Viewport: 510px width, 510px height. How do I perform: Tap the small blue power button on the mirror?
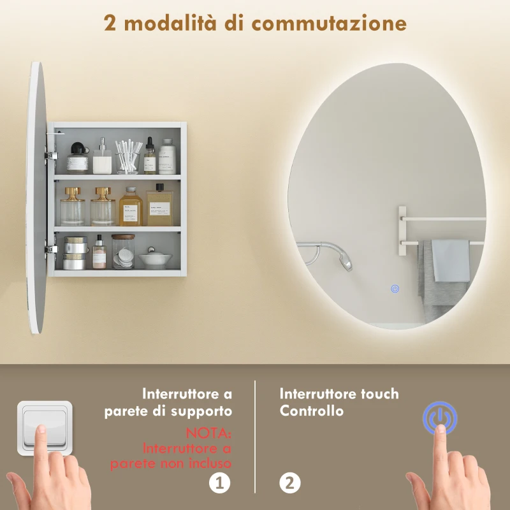pyautogui.click(x=395, y=289)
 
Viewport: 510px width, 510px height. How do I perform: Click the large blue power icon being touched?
pyautogui.click(x=440, y=418)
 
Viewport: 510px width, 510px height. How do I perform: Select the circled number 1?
pyautogui.click(x=219, y=483)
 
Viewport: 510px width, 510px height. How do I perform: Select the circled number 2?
pyautogui.click(x=289, y=483)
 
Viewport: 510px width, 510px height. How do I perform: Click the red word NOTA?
pyautogui.click(x=210, y=433)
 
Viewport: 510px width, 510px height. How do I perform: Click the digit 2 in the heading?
pyautogui.click(x=110, y=23)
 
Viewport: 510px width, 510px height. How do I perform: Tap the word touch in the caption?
pyautogui.click(x=376, y=393)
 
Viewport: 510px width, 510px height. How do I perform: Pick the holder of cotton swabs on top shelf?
pyautogui.click(x=127, y=157)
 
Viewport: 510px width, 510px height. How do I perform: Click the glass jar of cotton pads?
pyautogui.click(x=123, y=251)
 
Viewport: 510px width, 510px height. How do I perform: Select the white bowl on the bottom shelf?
pyautogui.click(x=155, y=258)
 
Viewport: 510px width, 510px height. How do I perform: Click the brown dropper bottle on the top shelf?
pyautogui.click(x=150, y=157)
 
